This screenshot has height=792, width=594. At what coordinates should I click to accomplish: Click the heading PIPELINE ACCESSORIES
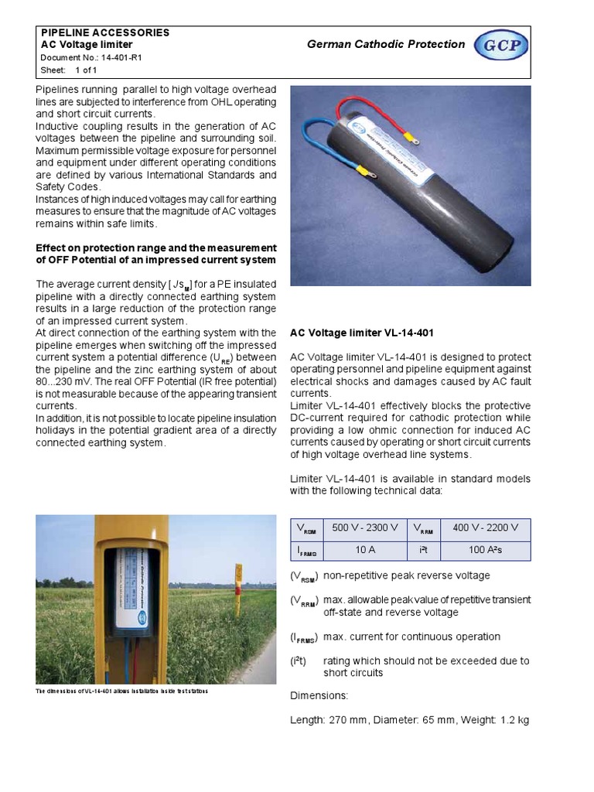(x=104, y=33)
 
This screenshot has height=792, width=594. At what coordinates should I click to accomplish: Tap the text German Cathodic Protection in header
(x=386, y=45)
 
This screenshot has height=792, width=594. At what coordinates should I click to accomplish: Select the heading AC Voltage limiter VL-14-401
(x=361, y=333)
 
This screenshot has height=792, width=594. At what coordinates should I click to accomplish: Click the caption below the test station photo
(x=122, y=691)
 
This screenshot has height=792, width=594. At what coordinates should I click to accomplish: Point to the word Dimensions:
(x=319, y=695)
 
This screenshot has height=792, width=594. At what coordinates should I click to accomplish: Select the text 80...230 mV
(x=70, y=381)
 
